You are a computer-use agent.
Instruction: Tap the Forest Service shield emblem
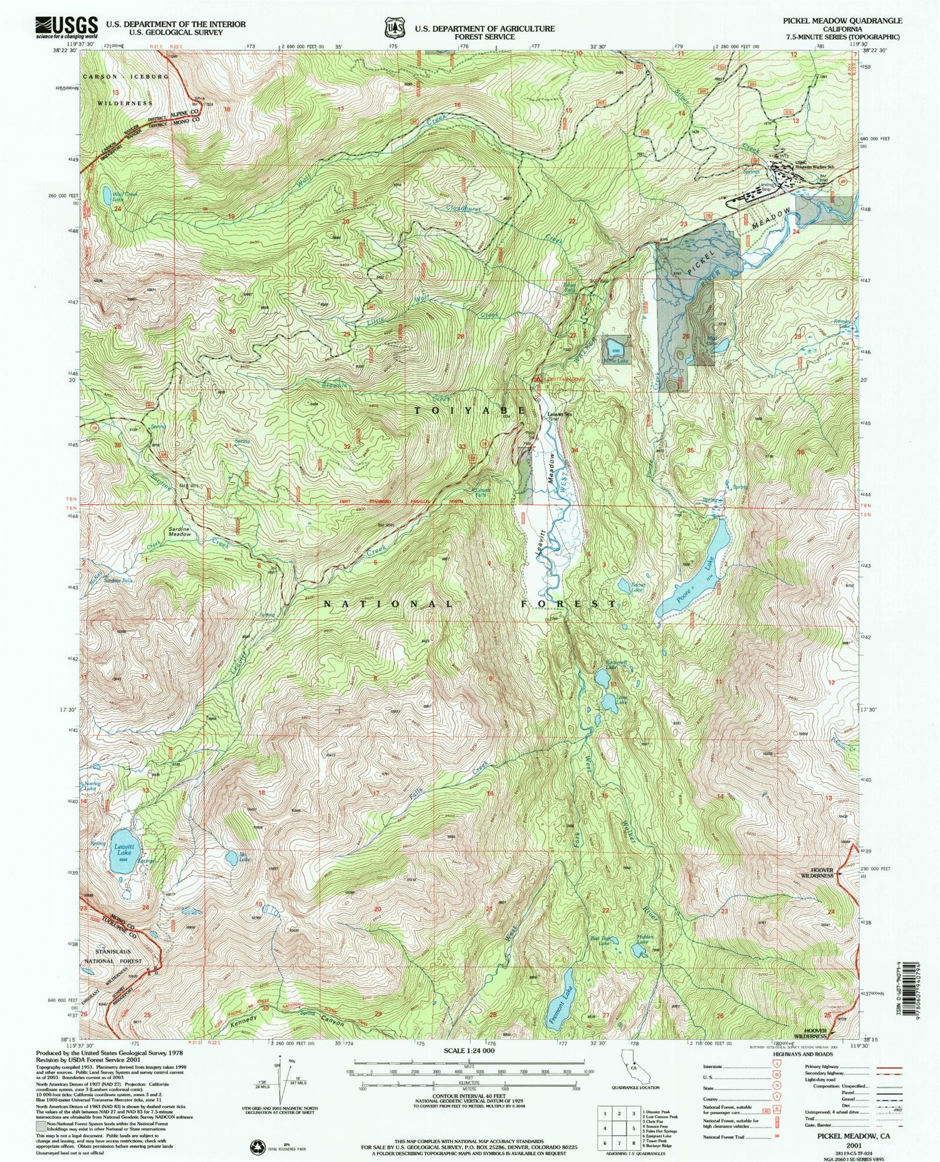pos(394,28)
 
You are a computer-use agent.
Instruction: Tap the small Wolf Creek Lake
pos(108,193)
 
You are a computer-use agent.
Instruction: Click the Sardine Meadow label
pos(179,532)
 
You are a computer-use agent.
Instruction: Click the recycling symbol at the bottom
pos(258,1144)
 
